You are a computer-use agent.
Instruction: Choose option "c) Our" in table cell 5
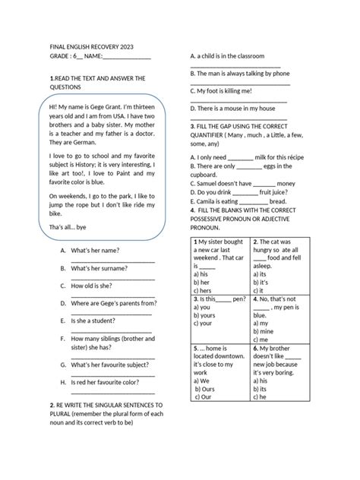203,396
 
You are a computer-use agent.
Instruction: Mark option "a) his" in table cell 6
260,380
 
